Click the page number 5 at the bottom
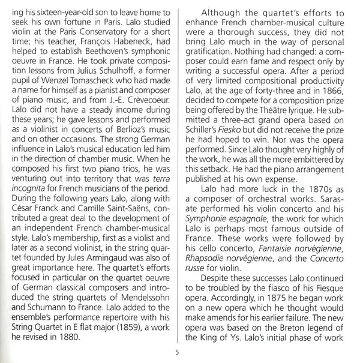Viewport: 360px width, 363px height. coord(177,352)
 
